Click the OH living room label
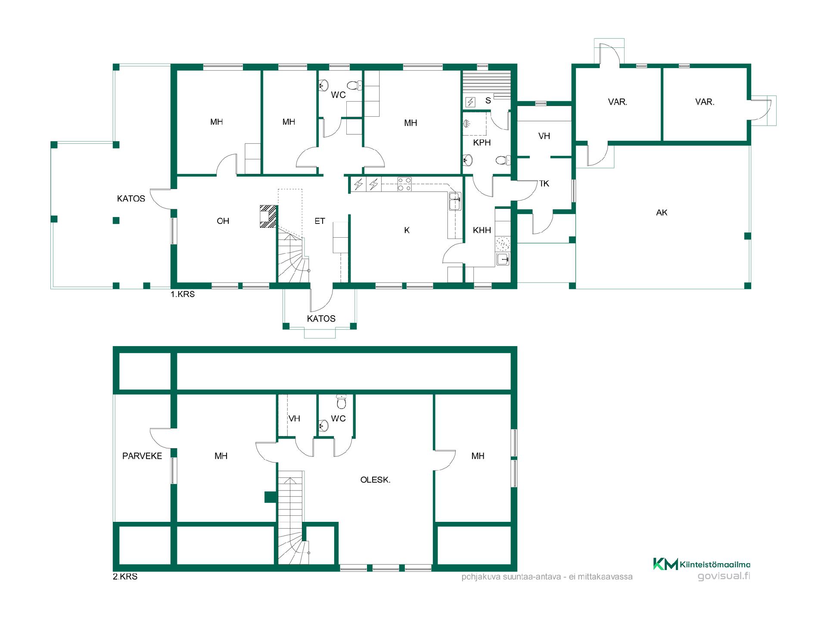pos(223,221)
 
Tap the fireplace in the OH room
pos(267,216)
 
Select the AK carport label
pos(662,212)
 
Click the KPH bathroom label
pos(482,143)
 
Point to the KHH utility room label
pos(482,230)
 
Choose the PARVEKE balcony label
pos(142,456)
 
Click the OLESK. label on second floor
pos(375,480)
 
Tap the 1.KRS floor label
pos(183,294)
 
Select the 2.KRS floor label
pos(125,577)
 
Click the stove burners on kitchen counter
pos(404,184)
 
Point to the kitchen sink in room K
pos(454,201)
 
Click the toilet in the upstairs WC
pos(341,402)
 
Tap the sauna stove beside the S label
pos(470,102)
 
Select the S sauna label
pos(488,100)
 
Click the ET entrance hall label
pos(320,221)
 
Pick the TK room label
pos(544,183)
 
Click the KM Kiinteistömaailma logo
pos(702,564)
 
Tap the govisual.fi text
pos(724,576)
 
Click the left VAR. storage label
pos(617,102)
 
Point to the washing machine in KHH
pos(503,244)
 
